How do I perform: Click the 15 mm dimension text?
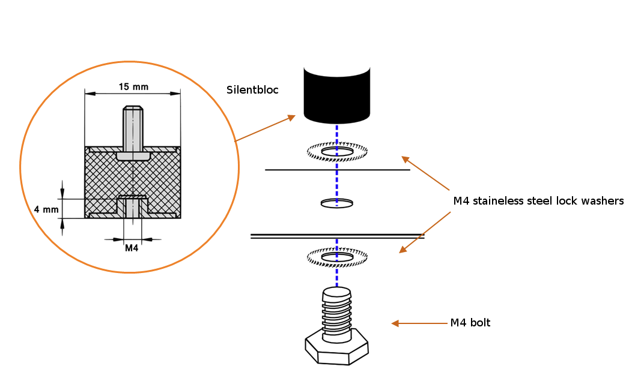coord(133,87)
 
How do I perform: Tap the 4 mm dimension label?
coord(46,209)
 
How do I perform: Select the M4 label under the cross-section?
coord(132,248)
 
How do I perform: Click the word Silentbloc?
coord(252,90)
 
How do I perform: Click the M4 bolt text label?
coord(470,323)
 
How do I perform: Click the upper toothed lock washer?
coord(336,152)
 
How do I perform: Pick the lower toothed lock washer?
coord(336,258)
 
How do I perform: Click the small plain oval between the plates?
coord(336,203)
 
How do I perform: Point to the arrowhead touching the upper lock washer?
coord(405,159)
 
